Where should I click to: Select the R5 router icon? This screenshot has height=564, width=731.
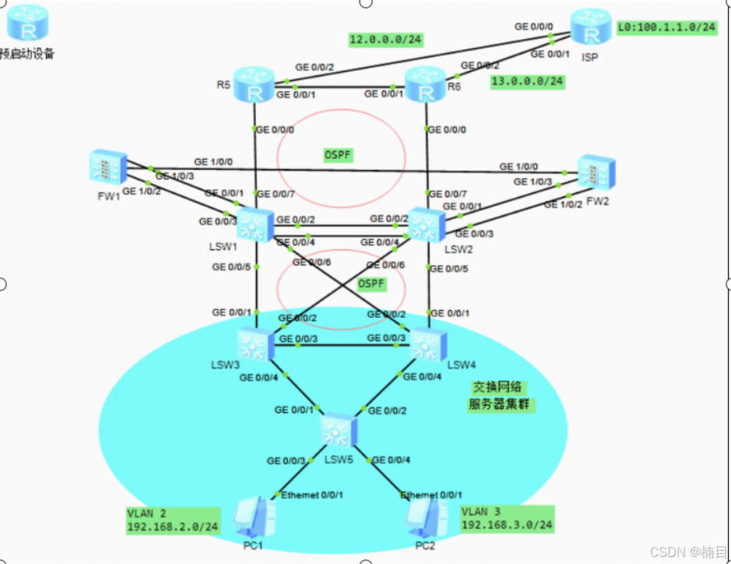point(254,85)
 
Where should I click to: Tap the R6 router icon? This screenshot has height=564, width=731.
point(425,85)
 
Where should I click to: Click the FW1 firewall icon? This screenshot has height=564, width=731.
point(106,167)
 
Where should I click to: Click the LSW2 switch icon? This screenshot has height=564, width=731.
point(425,225)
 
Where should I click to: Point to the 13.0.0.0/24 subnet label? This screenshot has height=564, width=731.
point(527,81)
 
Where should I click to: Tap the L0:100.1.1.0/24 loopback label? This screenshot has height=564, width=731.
point(666,27)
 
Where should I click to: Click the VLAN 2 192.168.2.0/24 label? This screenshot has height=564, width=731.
point(173,520)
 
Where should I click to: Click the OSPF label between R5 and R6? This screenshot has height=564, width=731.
point(338,155)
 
